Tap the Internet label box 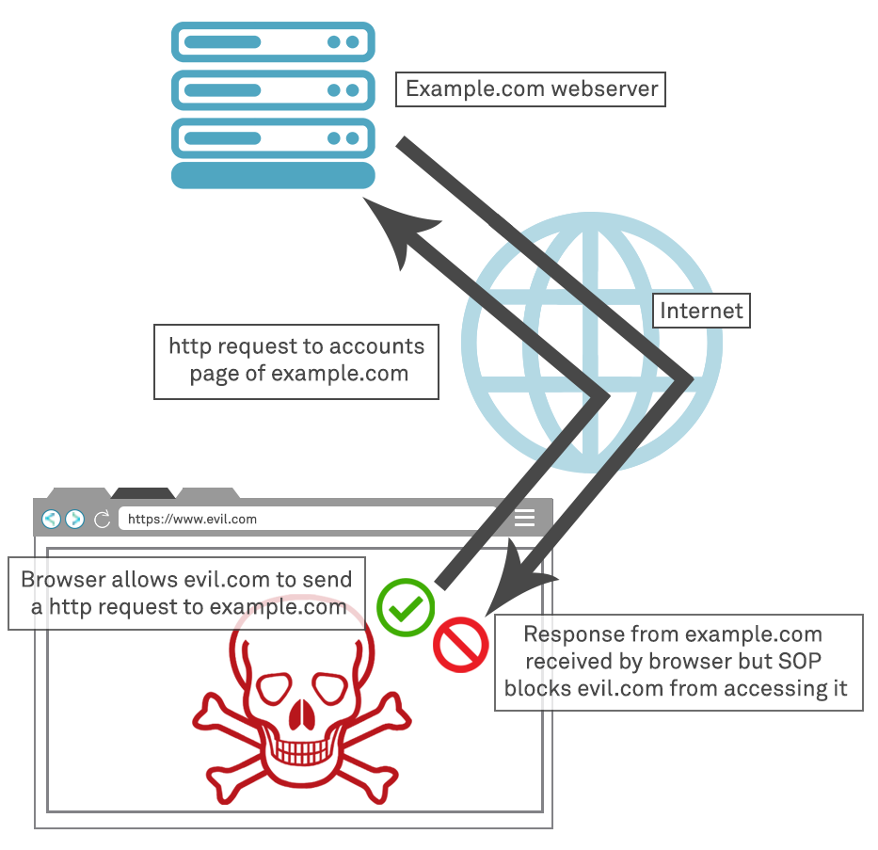pos(701,311)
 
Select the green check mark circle pos(406,607)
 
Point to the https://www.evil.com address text pos(192,519)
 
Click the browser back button pos(51,519)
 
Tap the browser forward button pos(74,519)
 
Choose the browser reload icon pos(102,519)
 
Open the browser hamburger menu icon pos(524,518)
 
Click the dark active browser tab pos(142,493)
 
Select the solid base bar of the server pos(273,176)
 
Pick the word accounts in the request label pos(375,346)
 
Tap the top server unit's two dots pos(343,42)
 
